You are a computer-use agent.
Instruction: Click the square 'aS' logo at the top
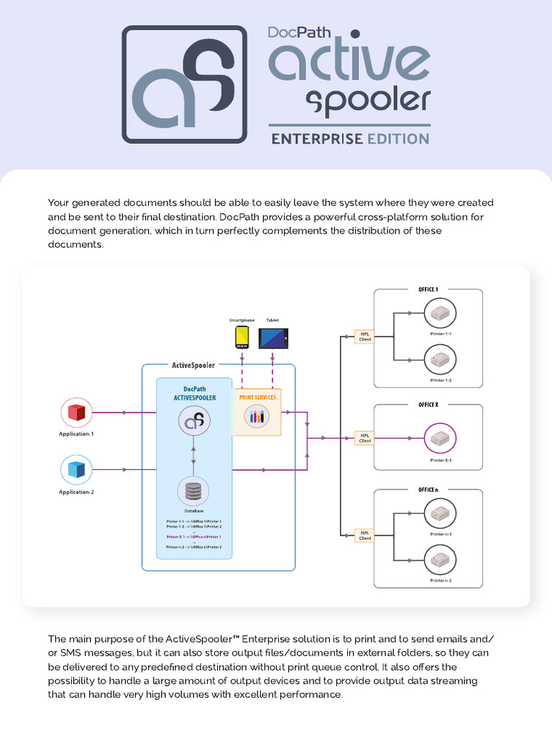tap(184, 84)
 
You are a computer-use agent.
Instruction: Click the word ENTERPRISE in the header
tap(317, 139)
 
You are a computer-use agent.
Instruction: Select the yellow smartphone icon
tap(242, 336)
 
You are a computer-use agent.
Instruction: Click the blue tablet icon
tap(273, 338)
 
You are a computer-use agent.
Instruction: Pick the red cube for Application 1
tap(76, 413)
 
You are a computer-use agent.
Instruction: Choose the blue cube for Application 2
tap(76, 470)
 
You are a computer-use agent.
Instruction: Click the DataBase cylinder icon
tap(193, 492)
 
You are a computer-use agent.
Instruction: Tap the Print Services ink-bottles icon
tap(257, 415)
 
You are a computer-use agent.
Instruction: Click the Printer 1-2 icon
tap(441, 359)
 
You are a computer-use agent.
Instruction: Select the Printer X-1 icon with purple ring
tap(441, 438)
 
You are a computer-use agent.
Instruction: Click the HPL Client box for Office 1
tap(364, 336)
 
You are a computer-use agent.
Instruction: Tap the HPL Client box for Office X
tap(364, 438)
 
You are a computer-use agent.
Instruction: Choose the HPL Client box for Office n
tap(364, 535)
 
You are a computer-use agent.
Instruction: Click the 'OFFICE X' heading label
tap(428, 405)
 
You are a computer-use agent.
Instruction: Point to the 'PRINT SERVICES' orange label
tap(257, 397)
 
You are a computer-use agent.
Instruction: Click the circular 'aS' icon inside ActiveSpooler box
tap(193, 421)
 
